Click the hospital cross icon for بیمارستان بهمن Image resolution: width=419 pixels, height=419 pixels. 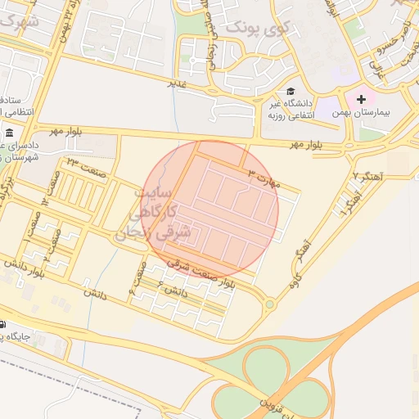pos(361,99)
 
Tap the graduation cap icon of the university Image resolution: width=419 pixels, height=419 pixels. pos(291,92)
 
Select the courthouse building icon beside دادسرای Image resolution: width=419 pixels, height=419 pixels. pos(9,133)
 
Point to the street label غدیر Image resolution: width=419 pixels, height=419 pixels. pos(178,83)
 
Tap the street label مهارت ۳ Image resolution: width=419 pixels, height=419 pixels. pos(264,178)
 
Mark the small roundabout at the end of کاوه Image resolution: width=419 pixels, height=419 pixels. pos(269,304)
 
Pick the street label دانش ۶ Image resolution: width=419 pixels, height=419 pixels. pos(175,291)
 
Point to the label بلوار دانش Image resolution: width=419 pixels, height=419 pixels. pos(34,264)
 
